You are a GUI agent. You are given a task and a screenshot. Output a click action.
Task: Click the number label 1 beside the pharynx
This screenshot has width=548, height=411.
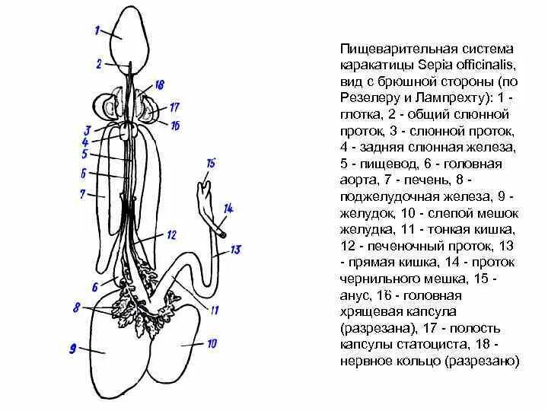coord(97,31)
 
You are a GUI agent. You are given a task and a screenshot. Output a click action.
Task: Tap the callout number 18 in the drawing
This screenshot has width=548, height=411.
coord(159,84)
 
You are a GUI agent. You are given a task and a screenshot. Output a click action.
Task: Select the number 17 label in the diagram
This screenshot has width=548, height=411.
coord(174,107)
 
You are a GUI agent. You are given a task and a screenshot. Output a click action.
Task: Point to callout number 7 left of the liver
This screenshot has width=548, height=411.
coord(81,194)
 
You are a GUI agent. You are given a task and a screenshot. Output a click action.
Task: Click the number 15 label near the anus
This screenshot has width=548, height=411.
coord(211,163)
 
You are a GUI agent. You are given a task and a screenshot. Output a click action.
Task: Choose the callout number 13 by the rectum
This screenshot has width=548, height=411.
coord(235,249)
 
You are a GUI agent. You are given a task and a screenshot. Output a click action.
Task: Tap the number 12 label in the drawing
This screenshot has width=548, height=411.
coord(171,234)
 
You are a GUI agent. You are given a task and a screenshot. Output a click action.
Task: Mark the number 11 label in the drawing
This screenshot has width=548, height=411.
coord(215,311)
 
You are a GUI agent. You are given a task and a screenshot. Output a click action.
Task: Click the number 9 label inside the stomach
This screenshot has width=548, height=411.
coord(73,349)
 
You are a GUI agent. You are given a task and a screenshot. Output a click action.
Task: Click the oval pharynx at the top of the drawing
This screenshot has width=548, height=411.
coord(127,34)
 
